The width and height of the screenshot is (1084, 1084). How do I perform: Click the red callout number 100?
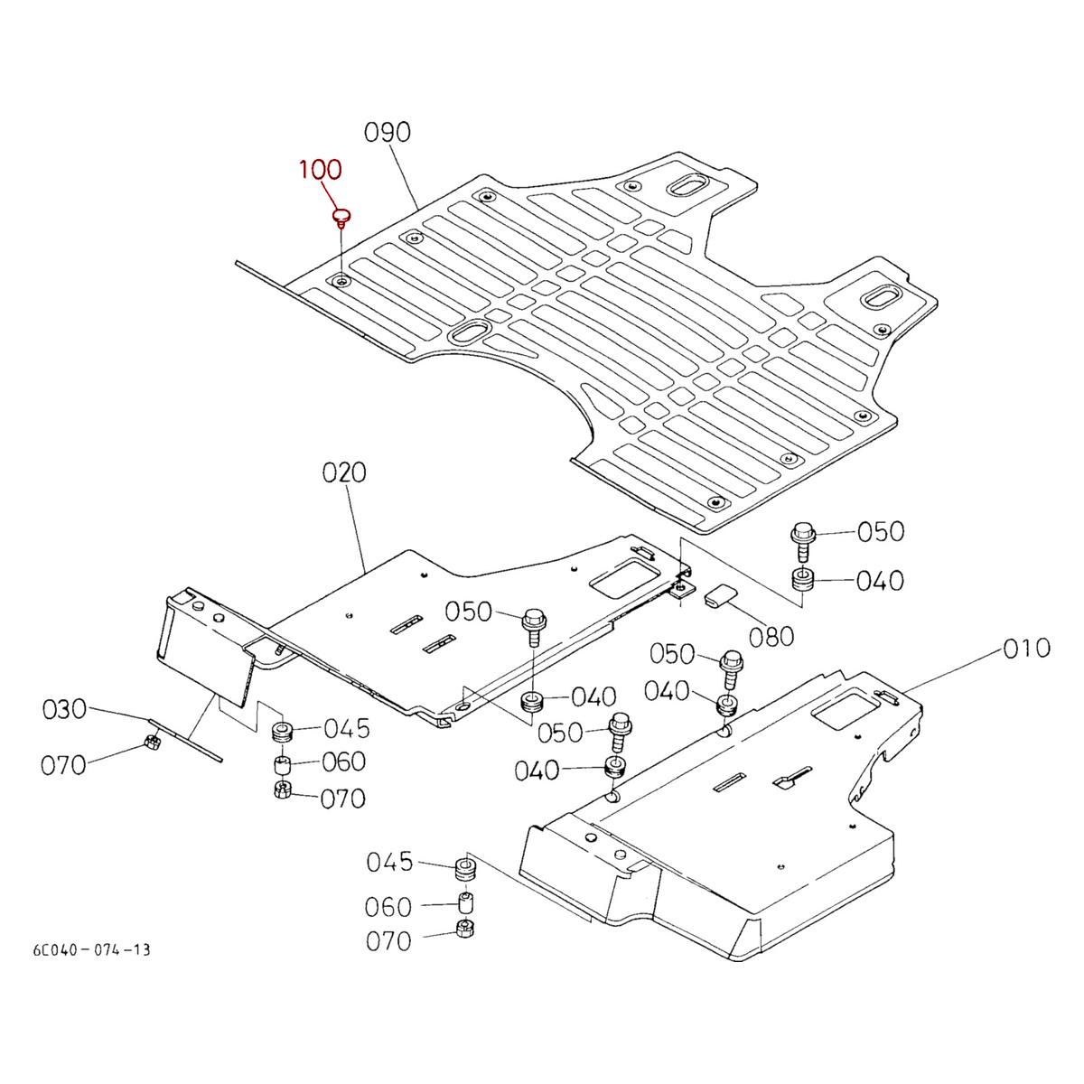click(x=321, y=169)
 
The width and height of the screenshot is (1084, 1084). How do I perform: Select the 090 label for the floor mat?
click(x=388, y=133)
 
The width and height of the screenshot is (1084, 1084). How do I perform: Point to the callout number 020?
click(x=344, y=472)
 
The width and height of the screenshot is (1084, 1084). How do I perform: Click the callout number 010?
click(x=1025, y=648)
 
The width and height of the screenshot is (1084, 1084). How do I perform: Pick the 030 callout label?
click(x=65, y=710)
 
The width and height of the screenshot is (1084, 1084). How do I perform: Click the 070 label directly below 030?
click(x=64, y=765)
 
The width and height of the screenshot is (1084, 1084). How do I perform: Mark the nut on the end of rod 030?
click(x=152, y=744)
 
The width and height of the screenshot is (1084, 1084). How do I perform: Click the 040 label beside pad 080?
click(x=880, y=580)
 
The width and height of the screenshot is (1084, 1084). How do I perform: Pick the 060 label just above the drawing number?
click(x=388, y=906)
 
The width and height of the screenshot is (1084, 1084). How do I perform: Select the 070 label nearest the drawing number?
click(x=388, y=941)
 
